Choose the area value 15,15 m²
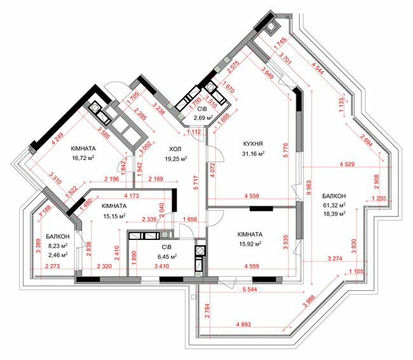pyautogui.click(x=111, y=216)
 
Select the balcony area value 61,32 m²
pyautogui.click(x=334, y=206)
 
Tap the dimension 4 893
pyautogui.click(x=244, y=324)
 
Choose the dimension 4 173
pyautogui.click(x=132, y=196)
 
